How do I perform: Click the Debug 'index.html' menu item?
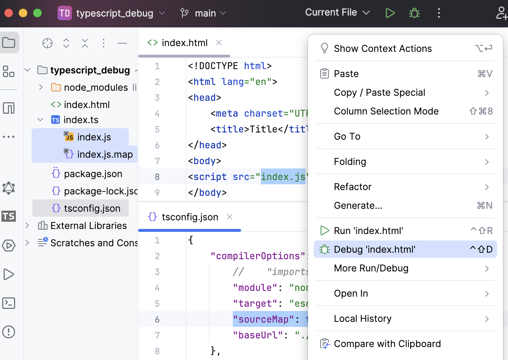(374, 249)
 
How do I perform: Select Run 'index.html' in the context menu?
(368, 231)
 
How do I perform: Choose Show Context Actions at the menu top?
(382, 49)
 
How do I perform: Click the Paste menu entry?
(346, 74)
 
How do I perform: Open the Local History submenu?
(363, 319)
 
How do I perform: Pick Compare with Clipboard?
(387, 344)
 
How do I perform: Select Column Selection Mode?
(386, 111)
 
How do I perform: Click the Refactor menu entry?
(353, 187)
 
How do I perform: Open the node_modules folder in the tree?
(96, 87)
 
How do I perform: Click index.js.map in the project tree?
(105, 154)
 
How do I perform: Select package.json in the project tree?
(93, 174)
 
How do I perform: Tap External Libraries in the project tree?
(89, 226)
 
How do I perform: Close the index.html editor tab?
(219, 42)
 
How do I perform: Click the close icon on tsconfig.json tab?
(230, 217)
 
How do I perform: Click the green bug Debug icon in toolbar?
(414, 13)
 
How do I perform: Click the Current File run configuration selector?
(337, 13)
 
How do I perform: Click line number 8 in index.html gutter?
(157, 177)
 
